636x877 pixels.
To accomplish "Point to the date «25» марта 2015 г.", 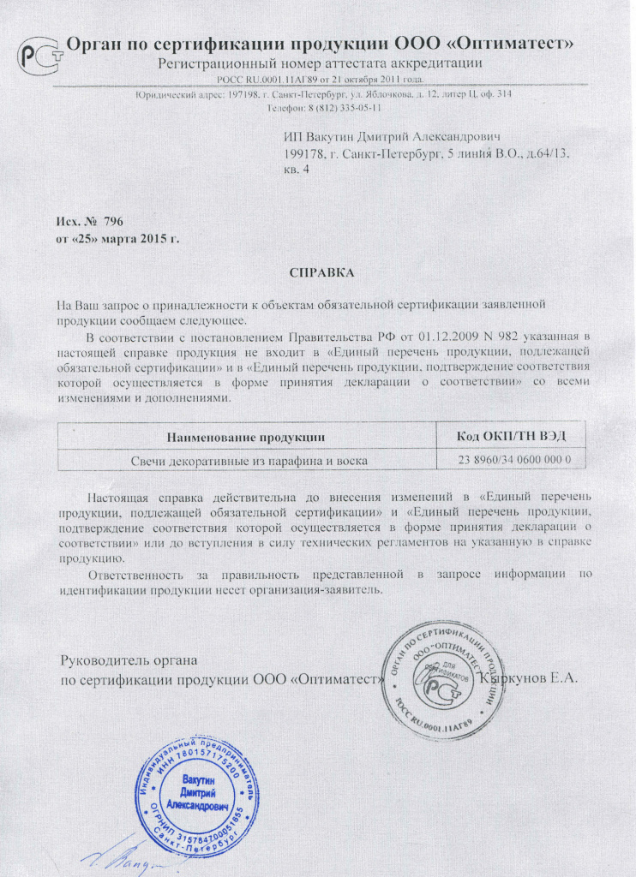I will pyautogui.click(x=117, y=236).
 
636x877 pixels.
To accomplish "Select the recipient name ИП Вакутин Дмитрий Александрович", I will pyautogui.click(x=392, y=137).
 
